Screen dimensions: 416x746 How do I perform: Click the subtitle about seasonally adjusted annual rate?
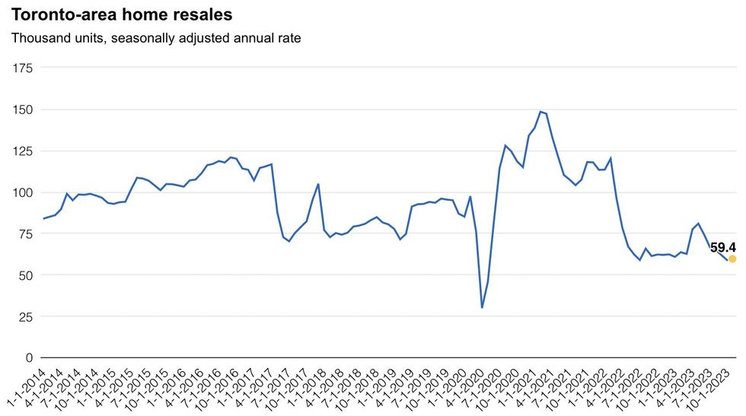(x=156, y=38)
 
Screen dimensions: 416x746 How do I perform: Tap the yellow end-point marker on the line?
(x=732, y=259)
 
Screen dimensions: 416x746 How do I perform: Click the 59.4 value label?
(x=723, y=247)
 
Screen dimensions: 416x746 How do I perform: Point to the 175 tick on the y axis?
(x=23, y=68)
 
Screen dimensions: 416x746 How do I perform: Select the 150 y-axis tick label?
(x=23, y=110)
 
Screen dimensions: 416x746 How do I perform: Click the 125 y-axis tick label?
(x=23, y=151)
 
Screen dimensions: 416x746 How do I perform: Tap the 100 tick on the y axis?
(x=23, y=192)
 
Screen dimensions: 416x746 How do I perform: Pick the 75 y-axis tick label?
(x=26, y=233)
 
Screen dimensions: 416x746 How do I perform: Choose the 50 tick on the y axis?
(x=26, y=275)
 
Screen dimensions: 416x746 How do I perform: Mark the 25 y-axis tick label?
(x=26, y=316)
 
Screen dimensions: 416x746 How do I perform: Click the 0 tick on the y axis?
(x=29, y=357)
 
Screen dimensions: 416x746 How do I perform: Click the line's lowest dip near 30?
(x=482, y=307)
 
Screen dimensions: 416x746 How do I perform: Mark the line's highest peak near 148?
(x=540, y=112)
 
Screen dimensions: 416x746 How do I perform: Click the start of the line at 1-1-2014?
(x=43, y=219)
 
